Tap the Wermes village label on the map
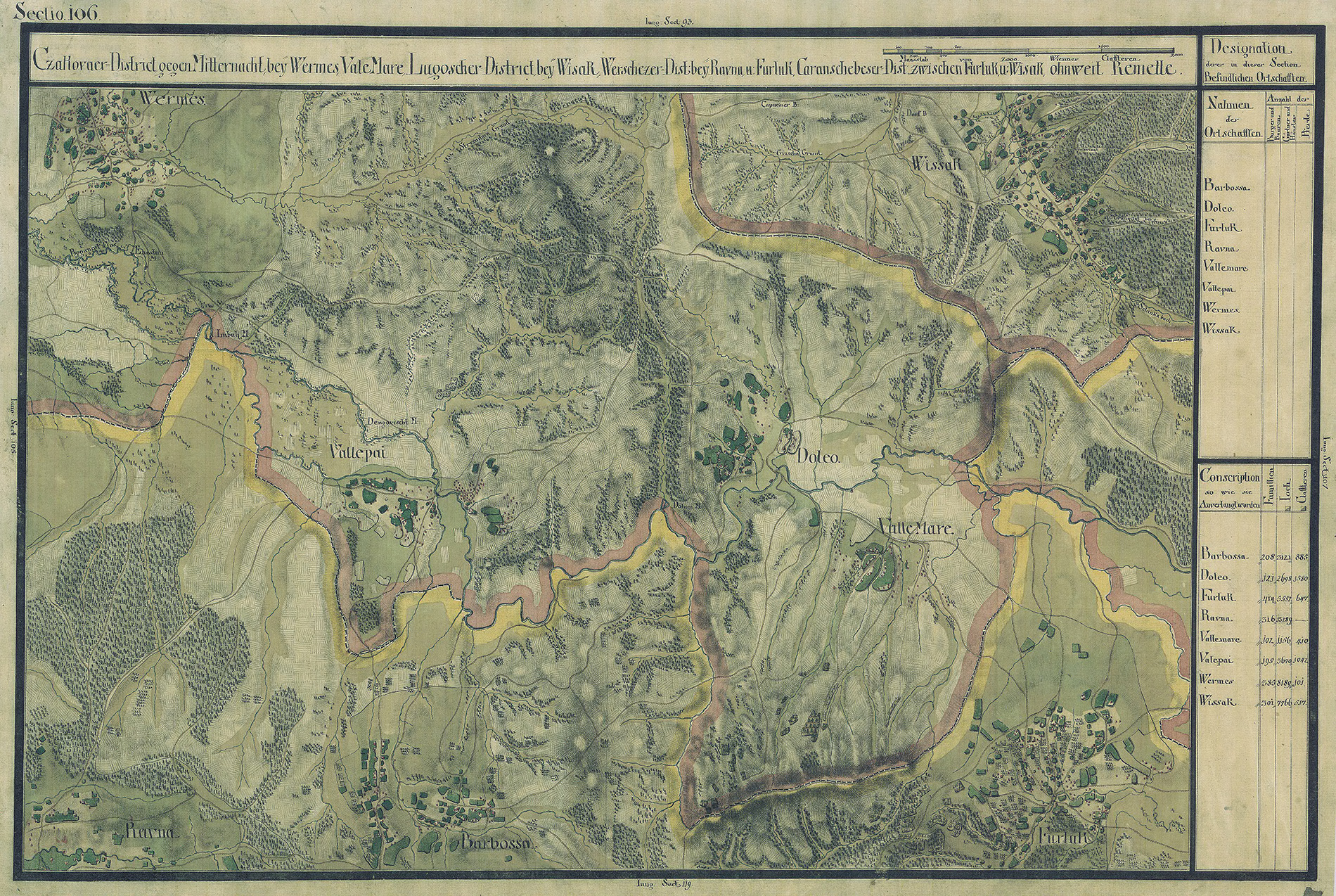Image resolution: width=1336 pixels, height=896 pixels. click(172, 99)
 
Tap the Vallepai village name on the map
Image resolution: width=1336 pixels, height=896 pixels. click(357, 454)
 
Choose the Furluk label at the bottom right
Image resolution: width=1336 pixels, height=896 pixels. click(1063, 838)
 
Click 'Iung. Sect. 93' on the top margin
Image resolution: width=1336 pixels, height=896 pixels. click(669, 23)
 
